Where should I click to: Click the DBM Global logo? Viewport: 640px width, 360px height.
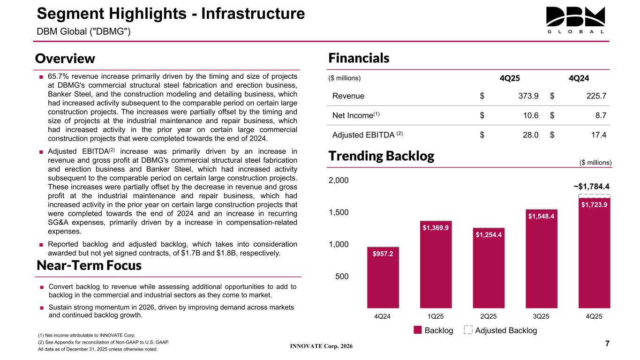575,20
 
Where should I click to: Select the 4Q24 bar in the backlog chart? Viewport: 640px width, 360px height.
383,277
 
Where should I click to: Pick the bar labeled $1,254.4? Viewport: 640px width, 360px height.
489,267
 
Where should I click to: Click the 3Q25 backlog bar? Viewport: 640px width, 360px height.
542,258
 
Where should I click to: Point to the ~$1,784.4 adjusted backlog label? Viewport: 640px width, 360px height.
591,186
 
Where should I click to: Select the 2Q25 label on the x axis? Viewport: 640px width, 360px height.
489,316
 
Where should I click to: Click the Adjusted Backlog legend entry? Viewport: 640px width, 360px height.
500,330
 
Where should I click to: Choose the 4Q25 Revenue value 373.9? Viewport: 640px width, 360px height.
526,96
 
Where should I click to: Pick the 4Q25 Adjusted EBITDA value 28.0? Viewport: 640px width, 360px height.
528,135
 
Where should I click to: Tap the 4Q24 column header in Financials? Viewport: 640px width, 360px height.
579,78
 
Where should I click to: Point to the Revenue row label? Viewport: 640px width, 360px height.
348,96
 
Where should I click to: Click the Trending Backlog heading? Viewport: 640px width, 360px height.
381,156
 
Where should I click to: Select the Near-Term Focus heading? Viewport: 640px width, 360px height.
89,266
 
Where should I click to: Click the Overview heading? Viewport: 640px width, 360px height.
65,59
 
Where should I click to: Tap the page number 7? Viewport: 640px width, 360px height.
607,344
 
